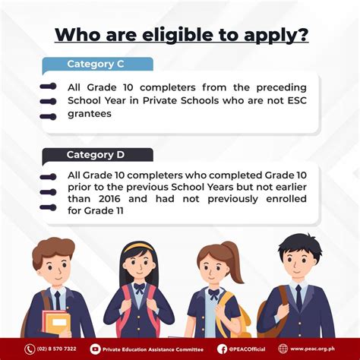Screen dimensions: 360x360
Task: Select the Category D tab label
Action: click(x=96, y=155)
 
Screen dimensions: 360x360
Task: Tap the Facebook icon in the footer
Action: click(x=222, y=349)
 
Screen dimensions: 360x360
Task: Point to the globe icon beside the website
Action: click(x=283, y=349)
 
